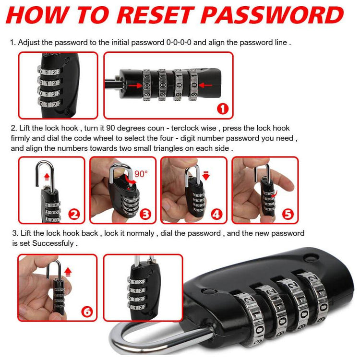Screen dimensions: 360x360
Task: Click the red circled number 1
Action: (x=222, y=108)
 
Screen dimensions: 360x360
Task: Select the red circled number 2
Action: (x=74, y=215)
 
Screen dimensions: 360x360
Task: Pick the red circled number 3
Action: (x=145, y=215)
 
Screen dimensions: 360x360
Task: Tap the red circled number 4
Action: (x=216, y=215)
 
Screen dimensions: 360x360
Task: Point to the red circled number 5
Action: (x=288, y=215)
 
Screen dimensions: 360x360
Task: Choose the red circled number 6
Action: (x=87, y=312)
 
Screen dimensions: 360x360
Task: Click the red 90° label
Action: (x=141, y=174)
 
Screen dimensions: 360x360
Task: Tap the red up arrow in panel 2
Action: (x=47, y=177)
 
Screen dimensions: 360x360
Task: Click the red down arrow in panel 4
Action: (x=206, y=175)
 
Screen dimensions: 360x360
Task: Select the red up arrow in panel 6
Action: (x=68, y=272)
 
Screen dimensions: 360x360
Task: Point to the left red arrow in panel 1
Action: (x=135, y=86)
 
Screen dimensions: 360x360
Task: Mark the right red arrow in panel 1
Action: (x=205, y=85)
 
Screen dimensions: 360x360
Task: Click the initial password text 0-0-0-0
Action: (x=179, y=42)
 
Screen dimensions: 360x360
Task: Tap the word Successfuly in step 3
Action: (x=53, y=243)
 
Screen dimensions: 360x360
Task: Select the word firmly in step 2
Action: (x=20, y=138)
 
